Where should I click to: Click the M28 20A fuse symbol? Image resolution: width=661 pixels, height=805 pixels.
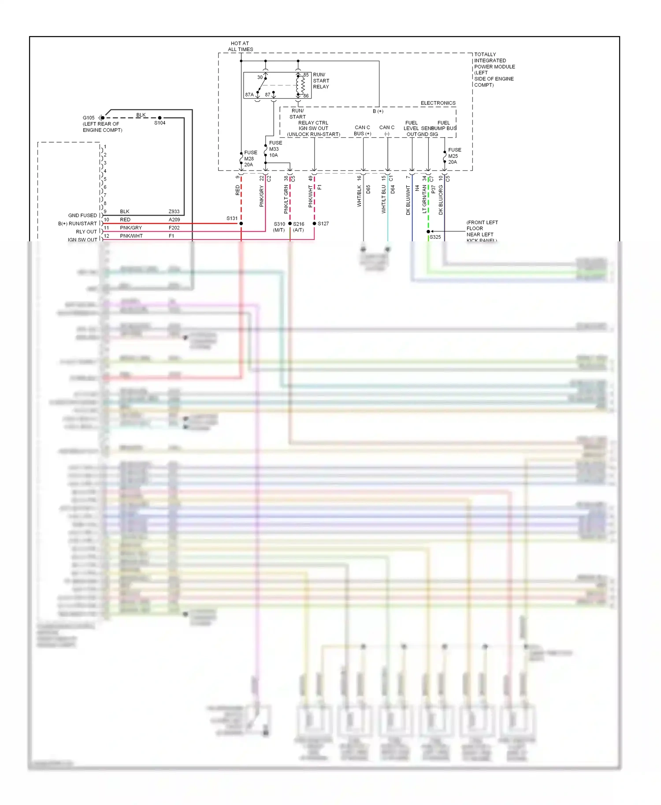[241, 159]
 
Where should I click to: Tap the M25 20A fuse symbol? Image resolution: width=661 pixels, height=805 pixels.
[445, 157]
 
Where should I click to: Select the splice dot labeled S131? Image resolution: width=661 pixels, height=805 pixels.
[241, 224]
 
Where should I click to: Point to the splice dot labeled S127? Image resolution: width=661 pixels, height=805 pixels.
[314, 224]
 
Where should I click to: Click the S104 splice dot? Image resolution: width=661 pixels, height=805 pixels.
[160, 118]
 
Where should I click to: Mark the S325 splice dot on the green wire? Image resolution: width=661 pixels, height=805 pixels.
[428, 232]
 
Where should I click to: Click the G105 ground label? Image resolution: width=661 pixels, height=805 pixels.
[89, 118]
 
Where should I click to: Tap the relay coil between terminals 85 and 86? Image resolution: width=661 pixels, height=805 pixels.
[303, 85]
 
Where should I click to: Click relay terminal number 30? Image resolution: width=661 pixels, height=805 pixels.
[260, 78]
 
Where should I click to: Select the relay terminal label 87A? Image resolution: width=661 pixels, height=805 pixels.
[249, 95]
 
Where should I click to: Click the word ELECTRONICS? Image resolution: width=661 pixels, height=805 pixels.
[438, 103]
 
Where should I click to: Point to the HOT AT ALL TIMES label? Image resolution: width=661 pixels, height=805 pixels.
[240, 46]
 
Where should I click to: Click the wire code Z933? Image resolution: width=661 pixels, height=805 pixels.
[174, 212]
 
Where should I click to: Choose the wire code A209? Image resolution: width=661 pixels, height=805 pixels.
[174, 220]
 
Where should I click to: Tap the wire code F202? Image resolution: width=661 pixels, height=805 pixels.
[174, 228]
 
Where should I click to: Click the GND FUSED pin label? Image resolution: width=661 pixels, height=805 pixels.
[82, 216]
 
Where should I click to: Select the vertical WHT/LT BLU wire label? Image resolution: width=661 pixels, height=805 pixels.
[384, 199]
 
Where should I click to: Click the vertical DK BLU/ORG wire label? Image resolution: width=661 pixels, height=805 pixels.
[441, 200]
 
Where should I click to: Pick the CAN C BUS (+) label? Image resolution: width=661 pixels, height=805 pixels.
[362, 130]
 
